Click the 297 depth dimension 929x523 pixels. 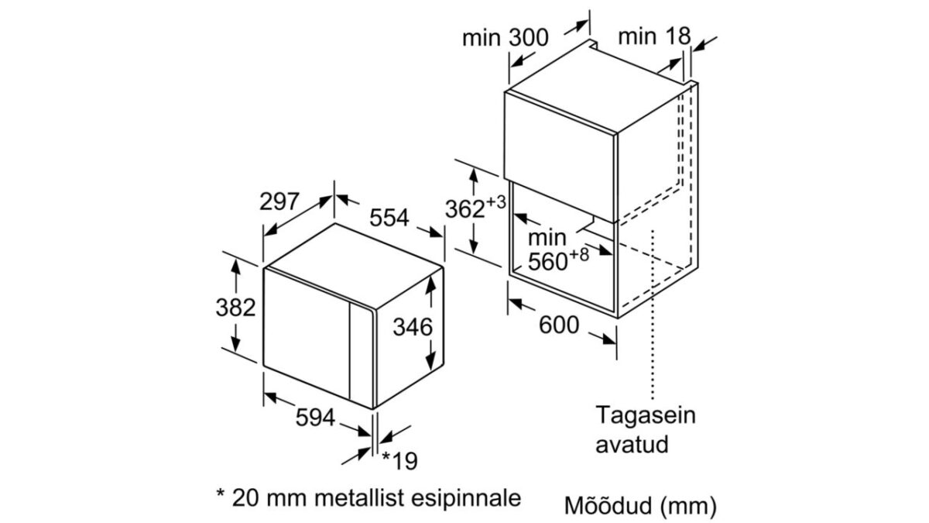(x=279, y=202)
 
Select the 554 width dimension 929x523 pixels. (x=388, y=218)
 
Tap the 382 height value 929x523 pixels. (x=235, y=308)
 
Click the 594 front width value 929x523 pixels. (x=315, y=418)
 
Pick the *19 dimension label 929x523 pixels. (x=399, y=461)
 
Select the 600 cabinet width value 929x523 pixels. (x=558, y=325)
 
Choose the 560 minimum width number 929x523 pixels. (x=548, y=262)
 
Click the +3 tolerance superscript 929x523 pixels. (x=496, y=203)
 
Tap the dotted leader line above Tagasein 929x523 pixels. (x=655, y=310)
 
